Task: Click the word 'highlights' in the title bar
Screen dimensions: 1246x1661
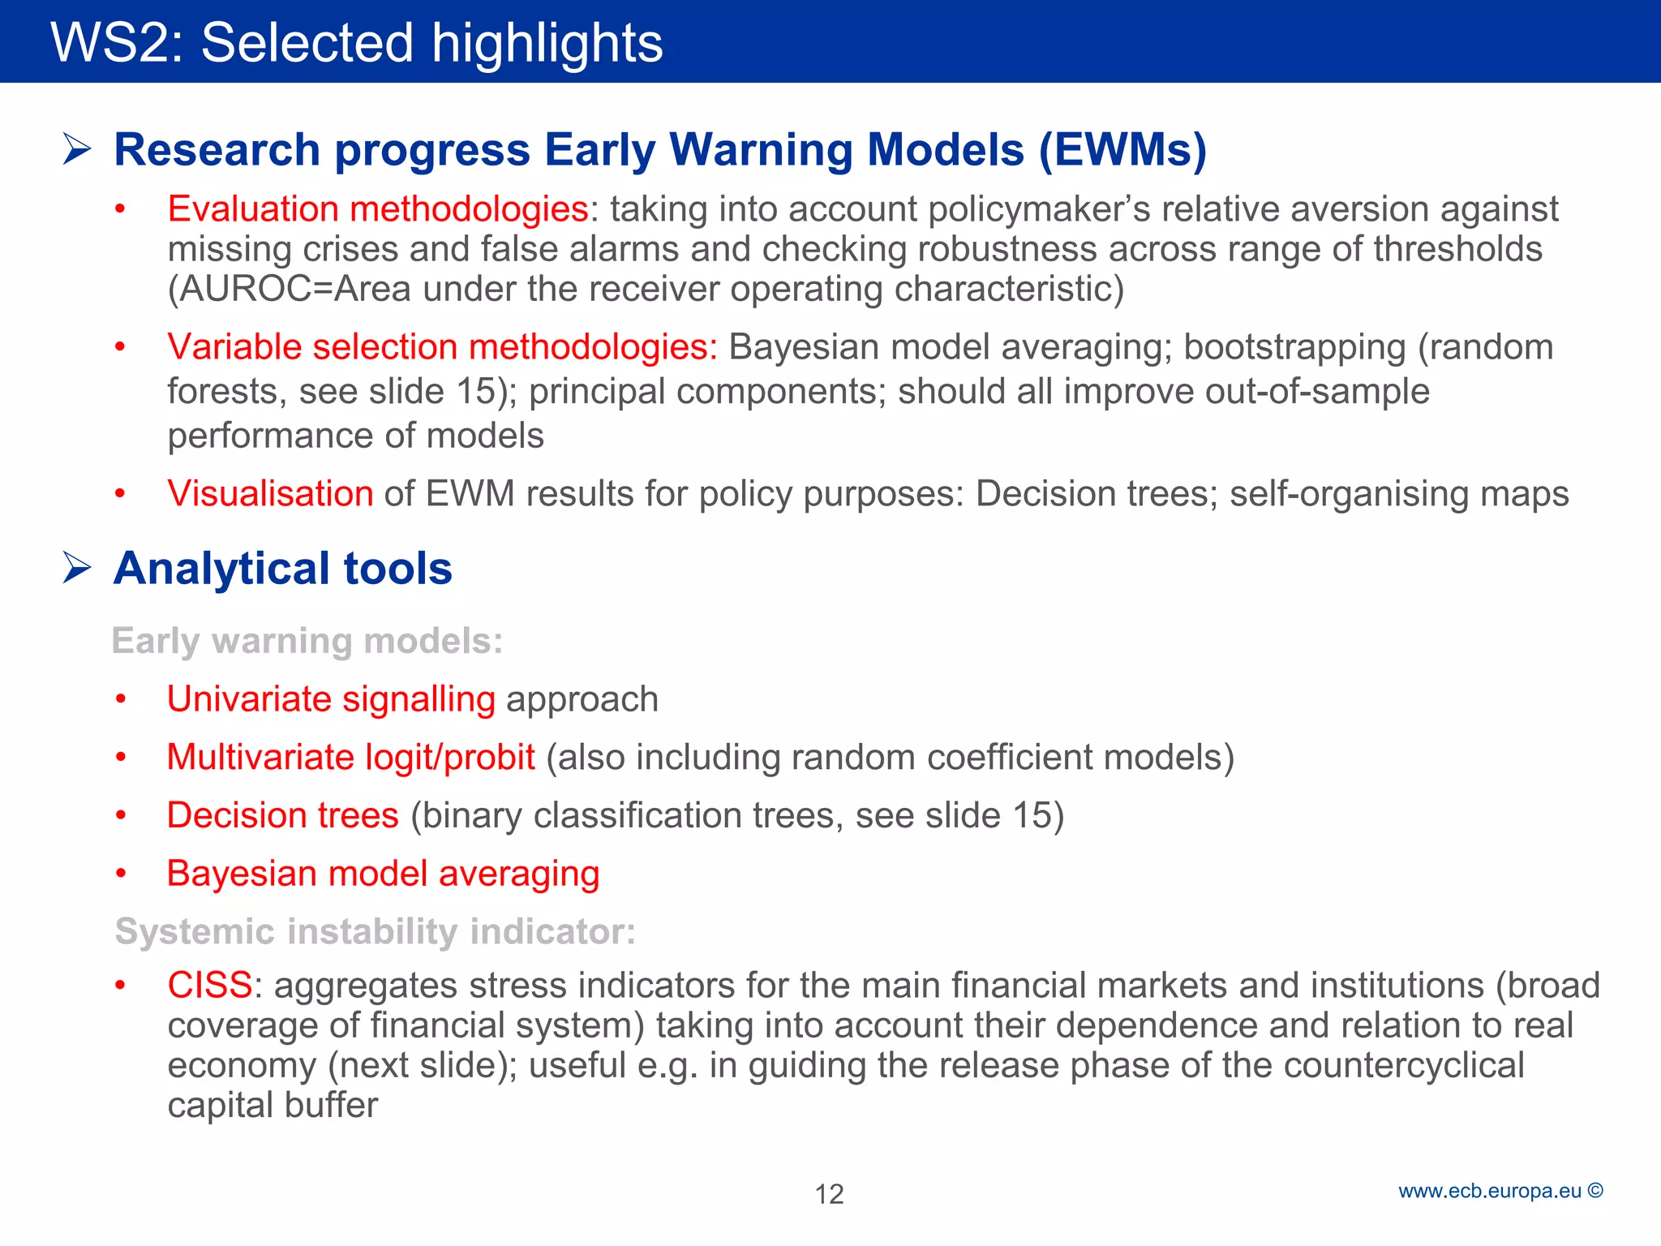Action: click(547, 44)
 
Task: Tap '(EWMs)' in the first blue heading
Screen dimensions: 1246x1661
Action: click(1122, 150)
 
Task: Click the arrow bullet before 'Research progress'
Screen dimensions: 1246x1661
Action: click(76, 149)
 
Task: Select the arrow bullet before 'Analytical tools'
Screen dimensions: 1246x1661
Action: click(76, 568)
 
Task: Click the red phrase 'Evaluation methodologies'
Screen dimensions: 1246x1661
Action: click(377, 209)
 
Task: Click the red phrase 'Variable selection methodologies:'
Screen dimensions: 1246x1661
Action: click(442, 347)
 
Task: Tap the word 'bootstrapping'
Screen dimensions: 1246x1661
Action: click(1294, 347)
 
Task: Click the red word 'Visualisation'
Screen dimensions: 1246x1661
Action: click(270, 493)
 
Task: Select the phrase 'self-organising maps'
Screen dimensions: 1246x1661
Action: click(1399, 493)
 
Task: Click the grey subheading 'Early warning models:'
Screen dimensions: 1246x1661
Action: click(307, 641)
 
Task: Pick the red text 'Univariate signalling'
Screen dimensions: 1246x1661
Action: click(331, 699)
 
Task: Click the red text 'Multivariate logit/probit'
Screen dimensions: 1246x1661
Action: click(350, 758)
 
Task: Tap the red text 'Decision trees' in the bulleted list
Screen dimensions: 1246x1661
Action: click(282, 815)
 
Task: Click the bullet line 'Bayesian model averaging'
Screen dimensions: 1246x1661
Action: click(383, 874)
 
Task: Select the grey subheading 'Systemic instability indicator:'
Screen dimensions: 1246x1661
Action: click(375, 931)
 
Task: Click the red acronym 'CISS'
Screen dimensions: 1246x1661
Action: click(210, 986)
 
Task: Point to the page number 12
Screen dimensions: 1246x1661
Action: click(829, 1194)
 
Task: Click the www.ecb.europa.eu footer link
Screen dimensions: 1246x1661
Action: click(1490, 1191)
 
